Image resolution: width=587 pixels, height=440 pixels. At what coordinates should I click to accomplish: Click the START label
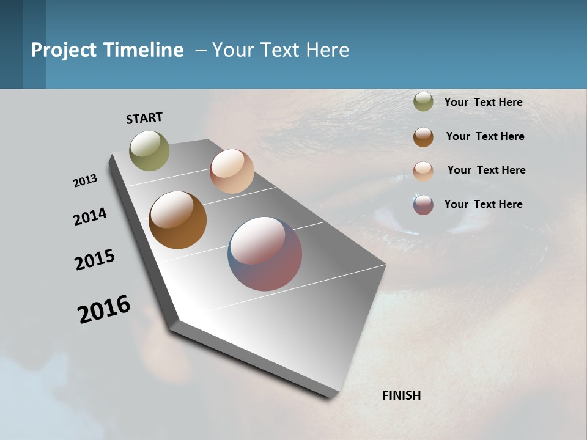click(144, 118)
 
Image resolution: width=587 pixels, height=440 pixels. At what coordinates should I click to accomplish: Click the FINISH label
click(401, 395)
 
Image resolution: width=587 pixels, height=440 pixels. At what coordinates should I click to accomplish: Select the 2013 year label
click(86, 181)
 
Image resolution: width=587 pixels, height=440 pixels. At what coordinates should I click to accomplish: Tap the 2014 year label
click(90, 216)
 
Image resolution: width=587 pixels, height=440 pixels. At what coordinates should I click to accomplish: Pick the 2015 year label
click(95, 260)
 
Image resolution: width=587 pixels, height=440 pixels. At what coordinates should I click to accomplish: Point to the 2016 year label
click(104, 309)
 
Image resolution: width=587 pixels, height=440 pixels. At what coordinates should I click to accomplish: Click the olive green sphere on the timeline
click(149, 150)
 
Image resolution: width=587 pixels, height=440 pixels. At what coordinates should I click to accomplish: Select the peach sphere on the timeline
click(232, 171)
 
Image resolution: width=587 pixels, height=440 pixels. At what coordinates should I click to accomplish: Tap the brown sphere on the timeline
click(177, 220)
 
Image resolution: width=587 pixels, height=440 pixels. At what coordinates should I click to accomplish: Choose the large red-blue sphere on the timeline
click(265, 254)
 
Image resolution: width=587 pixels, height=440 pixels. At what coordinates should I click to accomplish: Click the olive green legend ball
click(423, 102)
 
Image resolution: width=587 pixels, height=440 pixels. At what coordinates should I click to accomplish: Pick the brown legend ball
click(423, 137)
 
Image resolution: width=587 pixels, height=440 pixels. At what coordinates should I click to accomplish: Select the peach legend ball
click(423, 171)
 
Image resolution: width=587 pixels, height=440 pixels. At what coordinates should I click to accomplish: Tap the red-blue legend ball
click(423, 205)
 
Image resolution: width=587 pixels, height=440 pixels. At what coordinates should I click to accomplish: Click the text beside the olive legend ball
click(483, 102)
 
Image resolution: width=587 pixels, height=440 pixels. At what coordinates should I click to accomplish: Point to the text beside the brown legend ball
click(485, 136)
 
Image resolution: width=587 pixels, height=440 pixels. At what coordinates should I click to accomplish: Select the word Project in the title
click(64, 50)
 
